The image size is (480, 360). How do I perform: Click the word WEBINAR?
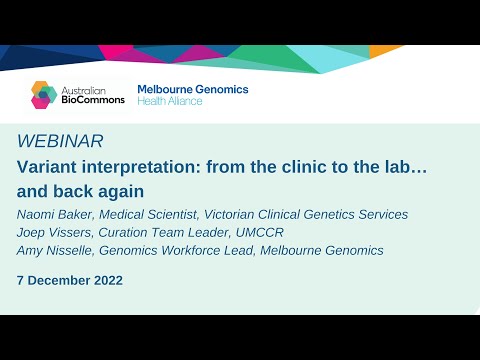pos(60,141)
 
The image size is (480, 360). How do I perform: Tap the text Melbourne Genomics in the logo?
pos(192,89)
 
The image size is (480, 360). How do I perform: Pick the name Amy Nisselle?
pos(59,251)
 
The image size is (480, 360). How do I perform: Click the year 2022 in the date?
pos(106,280)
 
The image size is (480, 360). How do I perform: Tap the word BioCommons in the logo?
pos(93,100)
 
